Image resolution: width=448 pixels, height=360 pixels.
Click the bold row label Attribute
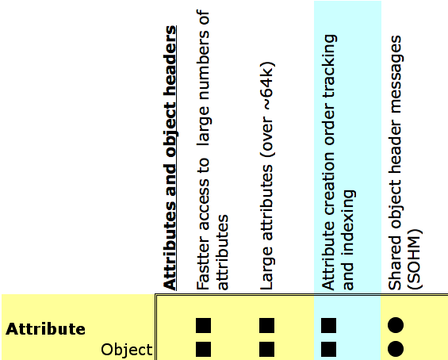[45, 329]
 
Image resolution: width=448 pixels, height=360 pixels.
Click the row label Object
[127, 350]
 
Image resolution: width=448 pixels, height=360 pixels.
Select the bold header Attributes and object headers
[170, 158]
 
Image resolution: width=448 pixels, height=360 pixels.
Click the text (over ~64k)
[267, 109]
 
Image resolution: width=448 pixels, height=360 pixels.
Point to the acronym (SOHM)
[414, 259]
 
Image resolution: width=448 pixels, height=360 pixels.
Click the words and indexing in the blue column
[348, 240]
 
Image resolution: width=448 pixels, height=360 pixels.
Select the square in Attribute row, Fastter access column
[204, 325]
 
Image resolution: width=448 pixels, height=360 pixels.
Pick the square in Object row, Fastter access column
[204, 349]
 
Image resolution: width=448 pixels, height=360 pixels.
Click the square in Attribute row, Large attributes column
[267, 325]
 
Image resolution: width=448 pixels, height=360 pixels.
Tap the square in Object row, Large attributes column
[267, 349]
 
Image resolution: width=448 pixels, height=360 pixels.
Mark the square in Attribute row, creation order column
[329, 325]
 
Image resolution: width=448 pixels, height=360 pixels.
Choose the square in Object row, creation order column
[329, 349]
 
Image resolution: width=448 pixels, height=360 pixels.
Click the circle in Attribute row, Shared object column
[396, 325]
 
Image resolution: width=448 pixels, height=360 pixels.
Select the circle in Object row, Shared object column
[396, 349]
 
